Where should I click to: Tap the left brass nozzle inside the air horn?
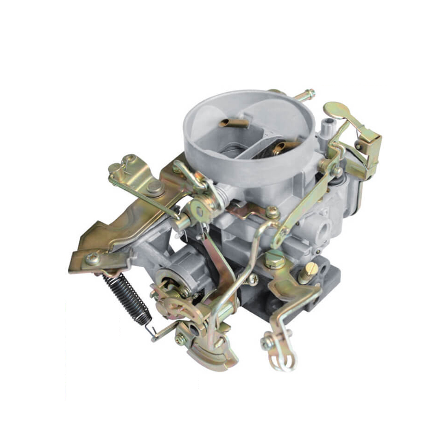click(x=233, y=123)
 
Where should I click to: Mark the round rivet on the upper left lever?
click(x=155, y=187)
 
